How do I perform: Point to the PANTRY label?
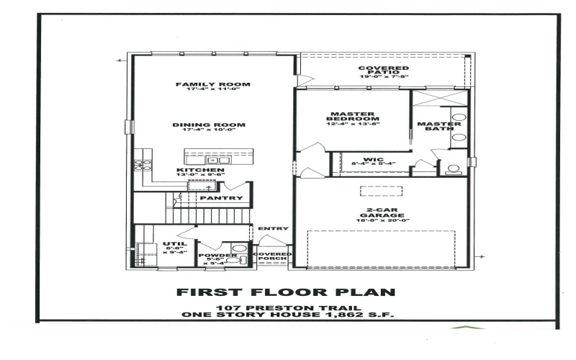point(221,198)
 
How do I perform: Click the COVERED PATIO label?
point(383,68)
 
